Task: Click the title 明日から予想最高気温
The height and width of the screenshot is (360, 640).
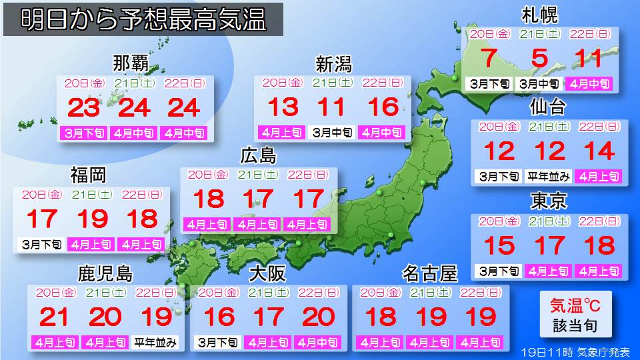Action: [x=143, y=20]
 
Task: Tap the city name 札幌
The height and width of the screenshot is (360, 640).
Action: [x=539, y=15]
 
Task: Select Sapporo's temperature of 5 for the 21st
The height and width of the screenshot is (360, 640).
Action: [x=539, y=59]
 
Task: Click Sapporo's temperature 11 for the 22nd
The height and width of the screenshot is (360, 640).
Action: [x=589, y=59]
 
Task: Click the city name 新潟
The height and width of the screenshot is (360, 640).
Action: [x=333, y=65]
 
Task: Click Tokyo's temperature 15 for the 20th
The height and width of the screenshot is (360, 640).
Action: [x=499, y=246]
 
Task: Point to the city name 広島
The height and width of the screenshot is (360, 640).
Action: [x=259, y=156]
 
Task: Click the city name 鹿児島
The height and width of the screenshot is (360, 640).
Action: [x=105, y=274]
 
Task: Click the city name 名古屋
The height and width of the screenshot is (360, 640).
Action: [x=430, y=274]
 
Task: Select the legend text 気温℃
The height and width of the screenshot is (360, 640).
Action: [x=575, y=306]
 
